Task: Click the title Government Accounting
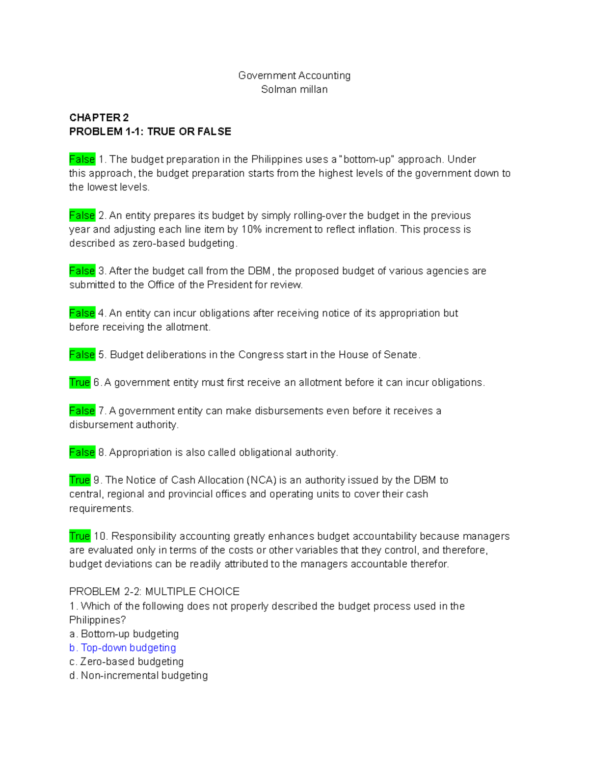pos(294,76)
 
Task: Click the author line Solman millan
pos(294,89)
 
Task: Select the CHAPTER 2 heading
pos(99,118)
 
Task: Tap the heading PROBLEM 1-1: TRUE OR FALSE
pos(150,131)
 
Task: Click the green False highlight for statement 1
pos(82,159)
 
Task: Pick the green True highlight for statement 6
pos(80,383)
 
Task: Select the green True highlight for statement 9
pos(80,480)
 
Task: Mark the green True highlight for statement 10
pos(80,536)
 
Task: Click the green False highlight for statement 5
pos(82,355)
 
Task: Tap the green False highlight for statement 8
pos(82,452)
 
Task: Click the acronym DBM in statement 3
pos(259,271)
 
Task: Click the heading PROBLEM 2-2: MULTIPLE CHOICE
pos(154,592)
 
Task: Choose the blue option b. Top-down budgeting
pos(123,648)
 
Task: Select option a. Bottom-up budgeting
pos(124,634)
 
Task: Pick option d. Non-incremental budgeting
pos(138,676)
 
